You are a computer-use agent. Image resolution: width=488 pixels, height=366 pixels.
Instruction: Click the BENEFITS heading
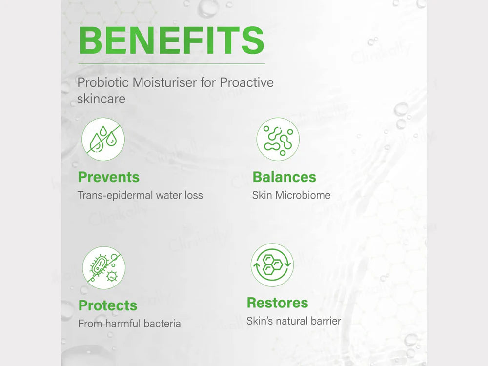(x=171, y=41)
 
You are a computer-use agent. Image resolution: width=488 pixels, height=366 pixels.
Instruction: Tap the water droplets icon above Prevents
(x=103, y=139)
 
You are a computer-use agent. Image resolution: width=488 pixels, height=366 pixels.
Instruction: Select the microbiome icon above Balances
(x=278, y=139)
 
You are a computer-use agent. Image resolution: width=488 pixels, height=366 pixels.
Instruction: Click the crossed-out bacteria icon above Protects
(x=103, y=268)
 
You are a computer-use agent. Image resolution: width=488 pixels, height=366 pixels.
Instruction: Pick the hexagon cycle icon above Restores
(x=272, y=265)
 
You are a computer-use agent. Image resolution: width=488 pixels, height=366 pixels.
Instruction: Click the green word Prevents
(x=109, y=177)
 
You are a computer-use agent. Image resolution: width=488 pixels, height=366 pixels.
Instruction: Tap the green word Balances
(x=284, y=177)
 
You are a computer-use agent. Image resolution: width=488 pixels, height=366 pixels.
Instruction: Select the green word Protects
(x=108, y=305)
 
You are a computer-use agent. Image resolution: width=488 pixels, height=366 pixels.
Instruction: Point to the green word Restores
(x=277, y=303)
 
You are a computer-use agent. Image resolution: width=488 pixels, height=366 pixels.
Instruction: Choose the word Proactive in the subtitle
(x=246, y=82)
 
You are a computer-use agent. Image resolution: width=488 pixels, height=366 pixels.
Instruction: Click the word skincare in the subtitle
(x=101, y=99)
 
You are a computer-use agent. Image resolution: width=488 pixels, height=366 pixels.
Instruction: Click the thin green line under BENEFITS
(x=172, y=64)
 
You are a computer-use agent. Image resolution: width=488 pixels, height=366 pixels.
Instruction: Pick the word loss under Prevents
(x=194, y=196)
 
